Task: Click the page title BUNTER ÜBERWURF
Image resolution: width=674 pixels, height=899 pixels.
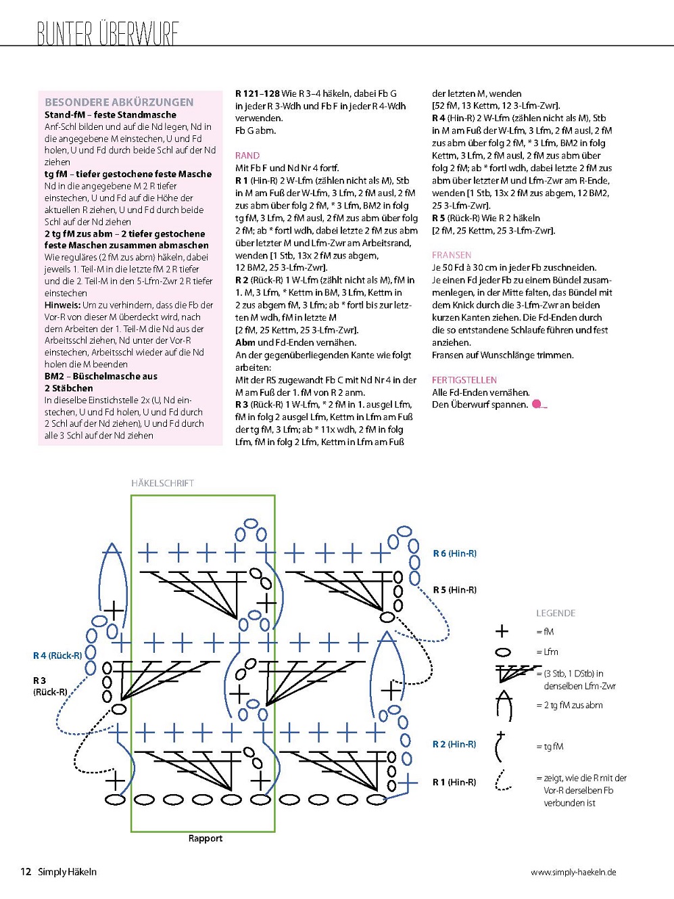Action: point(107,33)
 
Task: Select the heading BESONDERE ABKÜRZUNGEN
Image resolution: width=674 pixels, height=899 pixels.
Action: point(119,102)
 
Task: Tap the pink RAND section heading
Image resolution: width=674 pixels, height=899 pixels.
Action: point(247,156)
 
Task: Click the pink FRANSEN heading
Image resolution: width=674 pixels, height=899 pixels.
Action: point(452,255)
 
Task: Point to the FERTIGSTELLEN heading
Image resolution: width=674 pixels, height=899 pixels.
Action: point(464,380)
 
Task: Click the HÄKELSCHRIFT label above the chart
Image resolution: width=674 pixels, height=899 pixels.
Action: point(162,484)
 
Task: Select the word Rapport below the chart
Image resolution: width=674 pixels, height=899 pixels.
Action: point(206,839)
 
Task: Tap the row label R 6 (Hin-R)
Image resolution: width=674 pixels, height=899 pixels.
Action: point(454,553)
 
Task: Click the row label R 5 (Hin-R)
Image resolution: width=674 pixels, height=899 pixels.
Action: point(454,590)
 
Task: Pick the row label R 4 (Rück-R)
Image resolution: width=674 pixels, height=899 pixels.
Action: point(57,655)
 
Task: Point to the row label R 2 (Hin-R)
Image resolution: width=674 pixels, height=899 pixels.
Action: point(454,744)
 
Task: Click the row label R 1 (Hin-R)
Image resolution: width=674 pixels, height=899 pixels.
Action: point(454,782)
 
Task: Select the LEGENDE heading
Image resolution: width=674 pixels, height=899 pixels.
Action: point(556,614)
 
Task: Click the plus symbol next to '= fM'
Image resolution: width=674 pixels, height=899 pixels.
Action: point(502,632)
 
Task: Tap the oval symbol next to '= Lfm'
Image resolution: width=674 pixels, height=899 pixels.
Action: point(503,652)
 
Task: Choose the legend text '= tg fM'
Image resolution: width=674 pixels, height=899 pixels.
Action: point(550,747)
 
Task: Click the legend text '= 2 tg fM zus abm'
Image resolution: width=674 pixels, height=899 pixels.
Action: point(569,706)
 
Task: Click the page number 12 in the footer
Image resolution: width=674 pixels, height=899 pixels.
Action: point(26,872)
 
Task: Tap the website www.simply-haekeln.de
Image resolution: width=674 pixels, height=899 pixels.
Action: point(573,873)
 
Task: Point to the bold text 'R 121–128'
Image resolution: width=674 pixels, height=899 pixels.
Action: point(258,94)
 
